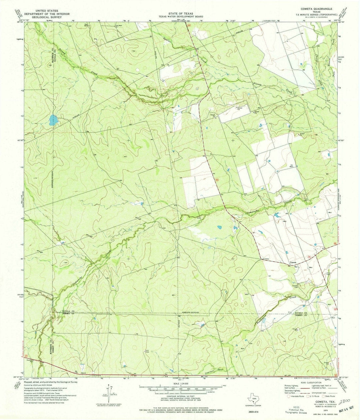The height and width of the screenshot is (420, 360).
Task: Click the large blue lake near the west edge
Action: click(52, 120)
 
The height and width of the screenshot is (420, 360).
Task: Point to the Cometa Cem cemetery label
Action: click(295, 286)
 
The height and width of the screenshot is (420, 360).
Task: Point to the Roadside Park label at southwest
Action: click(31, 360)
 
